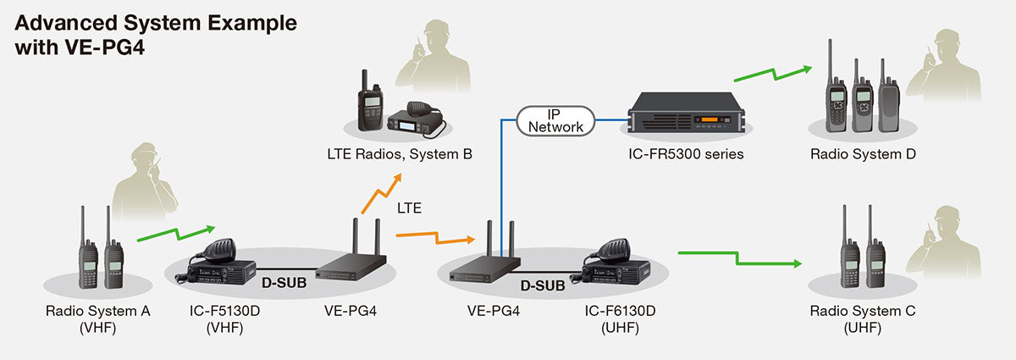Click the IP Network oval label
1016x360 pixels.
555,119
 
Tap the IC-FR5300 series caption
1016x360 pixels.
687,155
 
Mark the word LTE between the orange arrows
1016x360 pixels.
411,208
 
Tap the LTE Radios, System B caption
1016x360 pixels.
400,155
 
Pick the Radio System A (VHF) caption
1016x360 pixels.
98,319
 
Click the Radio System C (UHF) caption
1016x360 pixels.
863,319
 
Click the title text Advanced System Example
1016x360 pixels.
156,23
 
